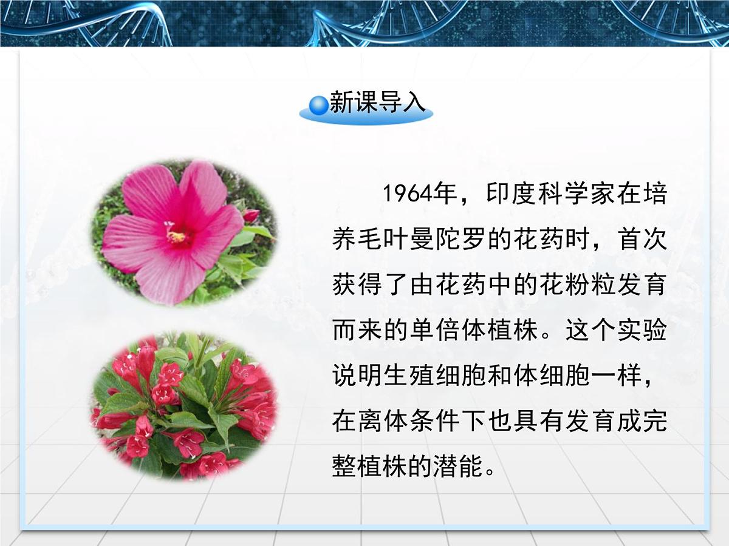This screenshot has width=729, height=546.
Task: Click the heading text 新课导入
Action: click(x=378, y=103)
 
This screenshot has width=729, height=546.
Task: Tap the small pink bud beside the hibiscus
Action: click(x=250, y=215)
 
